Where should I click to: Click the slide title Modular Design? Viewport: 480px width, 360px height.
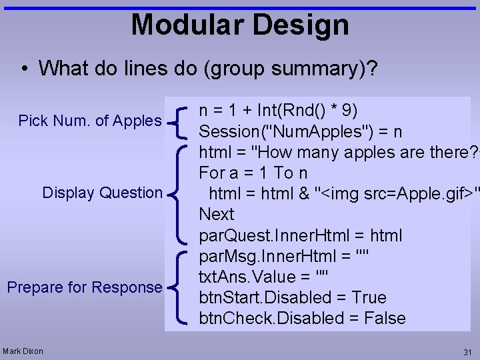point(240,25)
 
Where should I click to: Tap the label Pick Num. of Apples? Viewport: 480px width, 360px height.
point(90,121)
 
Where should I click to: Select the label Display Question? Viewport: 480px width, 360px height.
point(102,193)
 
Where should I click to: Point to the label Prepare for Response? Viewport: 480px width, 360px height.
point(84,287)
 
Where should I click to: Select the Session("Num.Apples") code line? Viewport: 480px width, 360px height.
point(300,131)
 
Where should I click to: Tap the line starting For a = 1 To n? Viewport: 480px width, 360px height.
point(253,173)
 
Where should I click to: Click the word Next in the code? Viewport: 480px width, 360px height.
point(217,215)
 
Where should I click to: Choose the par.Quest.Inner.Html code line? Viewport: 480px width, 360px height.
point(300,236)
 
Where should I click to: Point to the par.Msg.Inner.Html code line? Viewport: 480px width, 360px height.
point(284,257)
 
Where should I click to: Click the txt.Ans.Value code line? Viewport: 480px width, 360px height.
point(264,277)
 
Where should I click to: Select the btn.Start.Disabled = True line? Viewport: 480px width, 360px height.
point(293,297)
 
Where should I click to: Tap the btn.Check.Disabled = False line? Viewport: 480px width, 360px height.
point(302,319)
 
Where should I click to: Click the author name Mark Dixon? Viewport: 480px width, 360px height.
point(23,351)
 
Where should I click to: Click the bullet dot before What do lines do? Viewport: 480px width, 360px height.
point(25,69)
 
